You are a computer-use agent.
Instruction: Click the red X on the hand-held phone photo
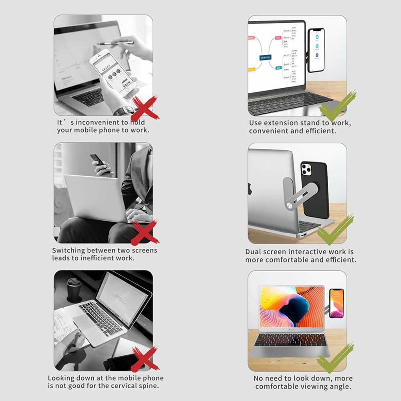145,108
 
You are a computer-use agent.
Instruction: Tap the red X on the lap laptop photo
145,232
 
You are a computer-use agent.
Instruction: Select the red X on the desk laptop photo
145,359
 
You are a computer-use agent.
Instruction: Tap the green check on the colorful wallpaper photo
335,357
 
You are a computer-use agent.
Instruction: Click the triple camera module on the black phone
306,169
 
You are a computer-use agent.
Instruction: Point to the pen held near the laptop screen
115,43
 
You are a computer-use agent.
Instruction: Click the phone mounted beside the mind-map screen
316,50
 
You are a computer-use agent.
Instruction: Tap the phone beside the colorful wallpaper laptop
336,303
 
